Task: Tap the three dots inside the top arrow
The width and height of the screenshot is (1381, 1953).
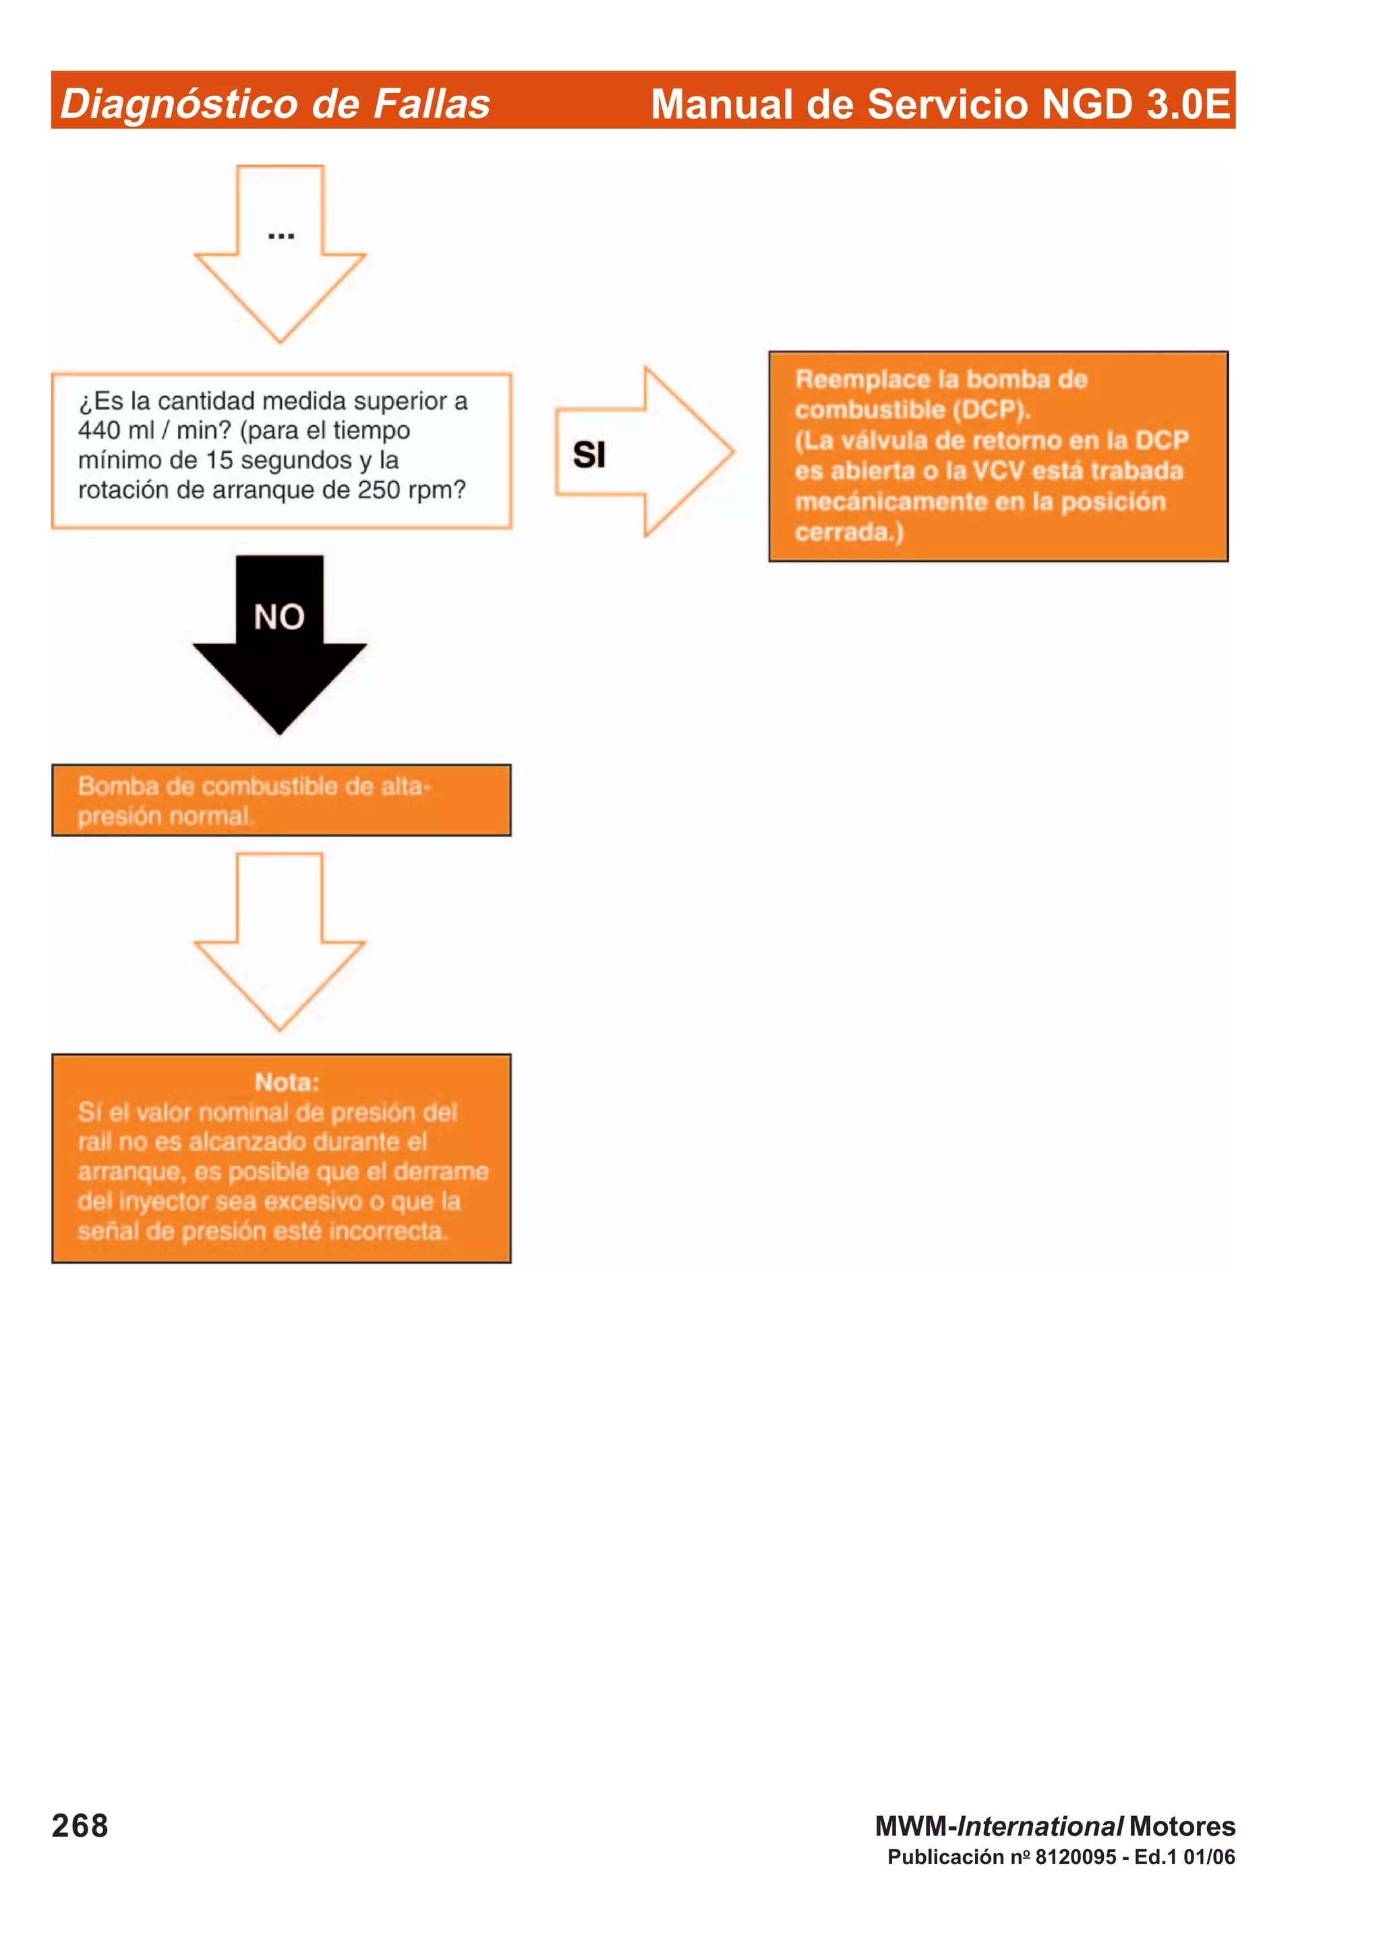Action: [281, 236]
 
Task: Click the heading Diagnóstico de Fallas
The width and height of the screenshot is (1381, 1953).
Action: [275, 104]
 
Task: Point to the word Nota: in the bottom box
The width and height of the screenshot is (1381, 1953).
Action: [287, 1082]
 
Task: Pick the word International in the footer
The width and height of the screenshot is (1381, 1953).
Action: [1040, 1826]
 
